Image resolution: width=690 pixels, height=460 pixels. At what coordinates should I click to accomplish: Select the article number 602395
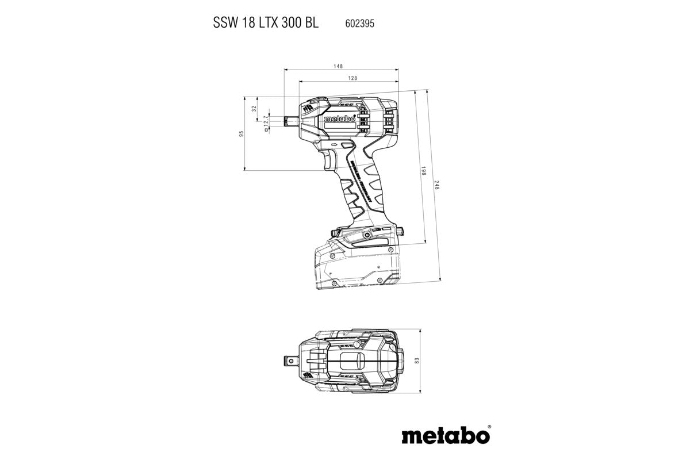356,23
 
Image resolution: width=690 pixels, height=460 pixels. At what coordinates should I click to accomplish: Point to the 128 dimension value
352,78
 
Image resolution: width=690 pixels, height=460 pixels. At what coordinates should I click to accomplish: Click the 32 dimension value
254,109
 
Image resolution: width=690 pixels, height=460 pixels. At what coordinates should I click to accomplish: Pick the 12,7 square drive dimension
266,122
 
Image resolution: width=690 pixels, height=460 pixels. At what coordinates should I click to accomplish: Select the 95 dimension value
242,133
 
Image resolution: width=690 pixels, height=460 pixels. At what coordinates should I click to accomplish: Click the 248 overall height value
437,186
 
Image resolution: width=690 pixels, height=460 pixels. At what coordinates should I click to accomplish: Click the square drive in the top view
300,361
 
